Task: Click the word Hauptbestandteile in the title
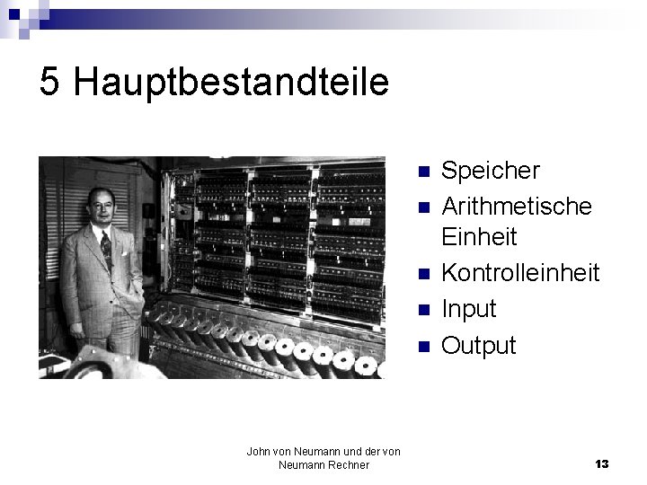[232, 83]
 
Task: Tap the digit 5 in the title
[50, 83]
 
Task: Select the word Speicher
[491, 170]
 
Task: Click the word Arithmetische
[517, 206]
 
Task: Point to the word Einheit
[479, 237]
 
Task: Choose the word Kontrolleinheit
[520, 273]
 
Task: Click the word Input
[469, 309]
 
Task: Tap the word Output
[479, 345]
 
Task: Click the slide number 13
[601, 463]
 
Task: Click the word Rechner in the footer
[350, 464]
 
